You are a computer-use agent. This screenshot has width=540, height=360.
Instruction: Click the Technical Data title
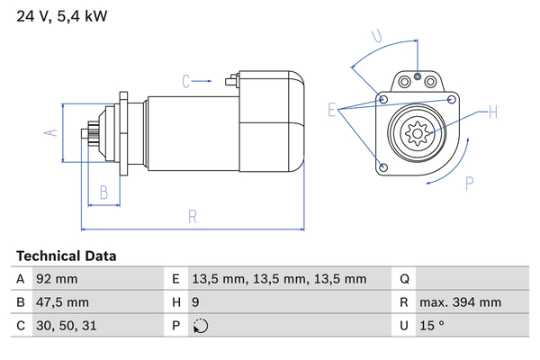pos(66,256)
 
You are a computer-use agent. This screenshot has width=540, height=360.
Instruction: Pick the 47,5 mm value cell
pos(62,302)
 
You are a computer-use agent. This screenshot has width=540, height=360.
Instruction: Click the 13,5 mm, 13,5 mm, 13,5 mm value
pos(279,279)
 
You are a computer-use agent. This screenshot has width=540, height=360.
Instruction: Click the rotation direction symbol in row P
pos(201,326)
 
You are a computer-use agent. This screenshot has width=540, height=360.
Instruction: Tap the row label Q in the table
pos(405,279)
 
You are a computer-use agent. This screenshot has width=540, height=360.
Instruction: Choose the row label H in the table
pos(176,302)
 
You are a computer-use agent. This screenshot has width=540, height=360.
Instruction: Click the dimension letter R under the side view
pos(193,216)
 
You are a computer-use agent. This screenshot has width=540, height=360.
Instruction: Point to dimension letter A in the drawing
pos(51,132)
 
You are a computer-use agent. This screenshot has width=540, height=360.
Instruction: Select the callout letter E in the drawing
pos(332,111)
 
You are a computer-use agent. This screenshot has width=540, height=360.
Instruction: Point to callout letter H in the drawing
pos(493,112)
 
